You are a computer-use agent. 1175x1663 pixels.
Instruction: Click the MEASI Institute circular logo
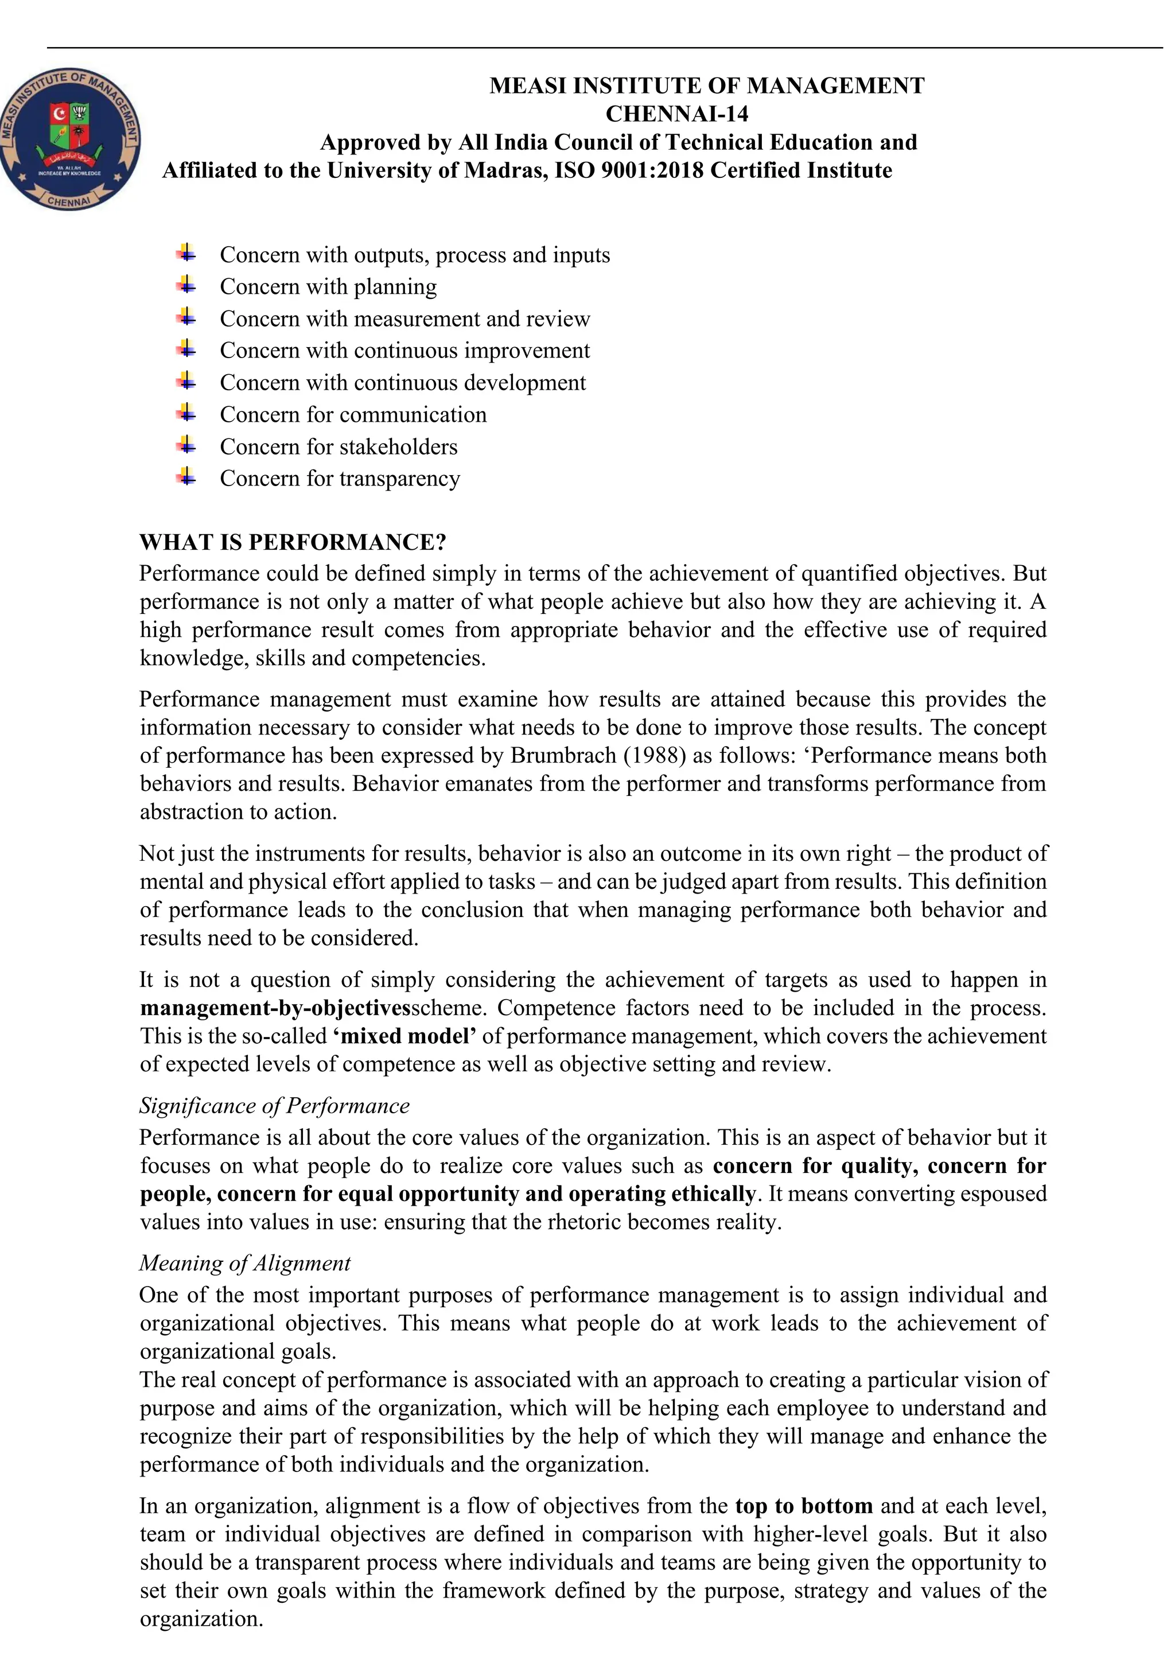pyautogui.click(x=69, y=141)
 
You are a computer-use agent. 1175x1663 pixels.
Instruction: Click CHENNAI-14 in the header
pyautogui.click(x=676, y=114)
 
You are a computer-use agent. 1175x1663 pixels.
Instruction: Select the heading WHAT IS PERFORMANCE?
pyautogui.click(x=293, y=542)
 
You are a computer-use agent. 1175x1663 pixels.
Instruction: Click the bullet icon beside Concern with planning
pyautogui.click(x=186, y=285)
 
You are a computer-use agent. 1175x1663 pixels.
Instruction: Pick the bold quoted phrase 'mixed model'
pyautogui.click(x=404, y=1036)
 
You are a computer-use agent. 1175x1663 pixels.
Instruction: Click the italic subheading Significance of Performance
pyautogui.click(x=274, y=1105)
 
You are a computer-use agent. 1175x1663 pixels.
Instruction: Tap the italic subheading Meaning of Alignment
pyautogui.click(x=245, y=1262)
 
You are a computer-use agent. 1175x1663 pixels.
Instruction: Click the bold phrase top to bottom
pyautogui.click(x=804, y=1506)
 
